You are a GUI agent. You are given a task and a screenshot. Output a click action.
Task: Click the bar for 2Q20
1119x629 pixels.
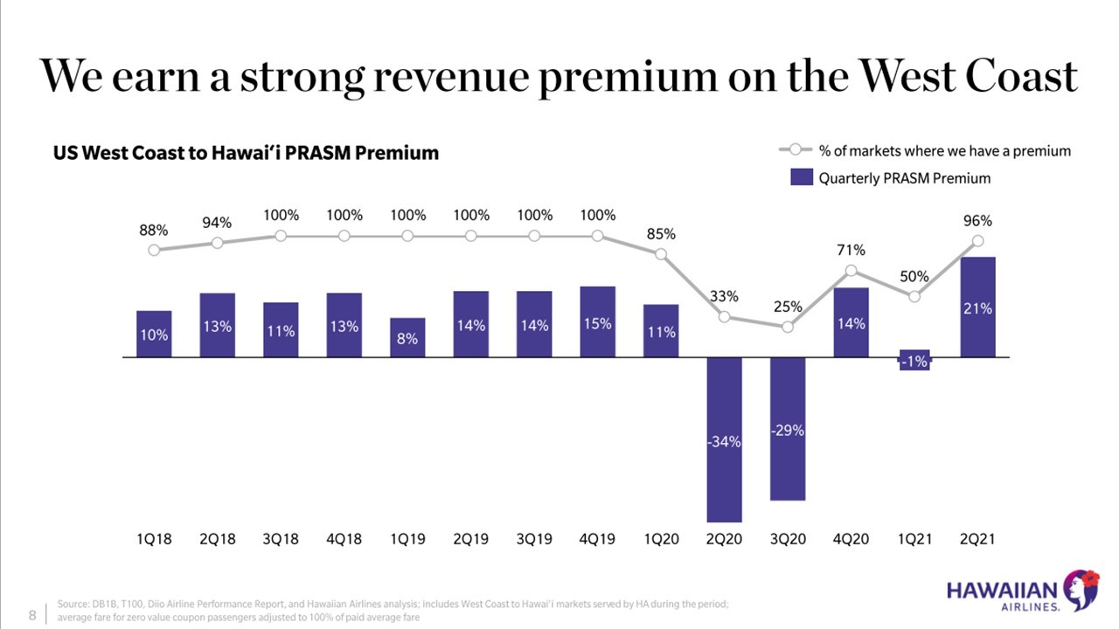pos(724,439)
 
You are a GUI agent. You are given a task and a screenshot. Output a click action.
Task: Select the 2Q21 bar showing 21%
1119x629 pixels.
pos(977,307)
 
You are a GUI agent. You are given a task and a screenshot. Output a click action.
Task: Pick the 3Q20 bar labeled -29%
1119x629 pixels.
pos(787,429)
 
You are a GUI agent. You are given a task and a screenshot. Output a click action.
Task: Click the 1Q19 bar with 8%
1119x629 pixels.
pos(407,337)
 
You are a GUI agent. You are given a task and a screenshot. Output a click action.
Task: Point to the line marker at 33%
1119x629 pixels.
pos(724,316)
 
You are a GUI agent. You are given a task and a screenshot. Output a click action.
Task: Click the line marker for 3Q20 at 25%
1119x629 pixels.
pos(788,327)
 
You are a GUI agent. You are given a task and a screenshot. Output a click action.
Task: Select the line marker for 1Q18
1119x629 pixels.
pos(154,250)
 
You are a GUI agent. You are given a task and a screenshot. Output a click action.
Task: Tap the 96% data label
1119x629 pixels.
pos(977,222)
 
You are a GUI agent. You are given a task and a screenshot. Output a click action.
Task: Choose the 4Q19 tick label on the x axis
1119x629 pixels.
pos(597,539)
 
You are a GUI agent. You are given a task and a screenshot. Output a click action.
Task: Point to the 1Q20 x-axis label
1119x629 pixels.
pos(661,539)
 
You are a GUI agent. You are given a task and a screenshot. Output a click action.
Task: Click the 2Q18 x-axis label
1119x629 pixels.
pos(217,539)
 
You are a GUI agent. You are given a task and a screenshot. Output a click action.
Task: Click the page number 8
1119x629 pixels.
pos(32,615)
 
